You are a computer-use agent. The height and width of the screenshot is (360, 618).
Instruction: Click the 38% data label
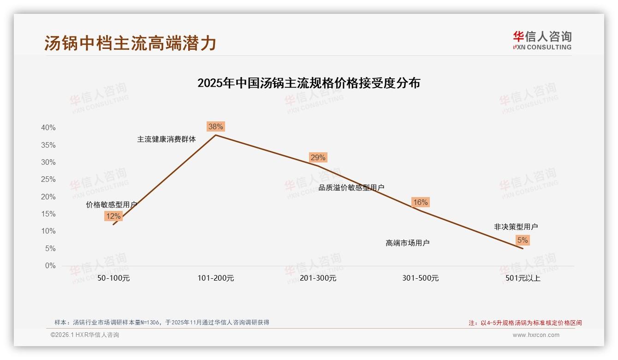click(216, 126)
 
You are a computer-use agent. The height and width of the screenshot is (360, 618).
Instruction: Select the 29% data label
click(318, 157)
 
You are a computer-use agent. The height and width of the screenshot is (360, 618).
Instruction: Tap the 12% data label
click(113, 216)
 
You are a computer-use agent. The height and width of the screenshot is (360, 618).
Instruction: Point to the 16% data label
click(420, 202)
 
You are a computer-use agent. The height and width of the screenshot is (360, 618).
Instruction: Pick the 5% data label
click(523, 240)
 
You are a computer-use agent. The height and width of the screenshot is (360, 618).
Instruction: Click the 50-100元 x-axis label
click(113, 278)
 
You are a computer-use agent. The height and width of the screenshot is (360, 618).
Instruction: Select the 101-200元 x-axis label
click(216, 278)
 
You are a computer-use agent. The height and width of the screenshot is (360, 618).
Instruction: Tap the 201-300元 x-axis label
click(318, 278)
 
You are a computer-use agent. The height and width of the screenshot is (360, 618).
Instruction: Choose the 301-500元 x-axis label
click(420, 278)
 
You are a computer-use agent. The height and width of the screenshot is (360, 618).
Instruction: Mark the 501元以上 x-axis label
click(523, 278)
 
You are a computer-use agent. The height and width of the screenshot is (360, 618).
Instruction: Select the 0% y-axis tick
click(50, 266)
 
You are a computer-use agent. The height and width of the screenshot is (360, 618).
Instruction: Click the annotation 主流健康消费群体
click(166, 139)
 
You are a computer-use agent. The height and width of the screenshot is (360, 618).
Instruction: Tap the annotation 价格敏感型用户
click(112, 204)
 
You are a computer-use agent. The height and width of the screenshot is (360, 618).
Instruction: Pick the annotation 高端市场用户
click(408, 243)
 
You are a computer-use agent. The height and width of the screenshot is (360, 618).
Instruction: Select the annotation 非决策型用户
click(516, 227)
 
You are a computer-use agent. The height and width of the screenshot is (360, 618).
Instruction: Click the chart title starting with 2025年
click(309, 83)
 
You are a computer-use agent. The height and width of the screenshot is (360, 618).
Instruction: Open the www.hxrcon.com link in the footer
click(536, 335)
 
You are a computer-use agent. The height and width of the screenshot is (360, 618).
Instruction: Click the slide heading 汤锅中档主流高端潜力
click(131, 43)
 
